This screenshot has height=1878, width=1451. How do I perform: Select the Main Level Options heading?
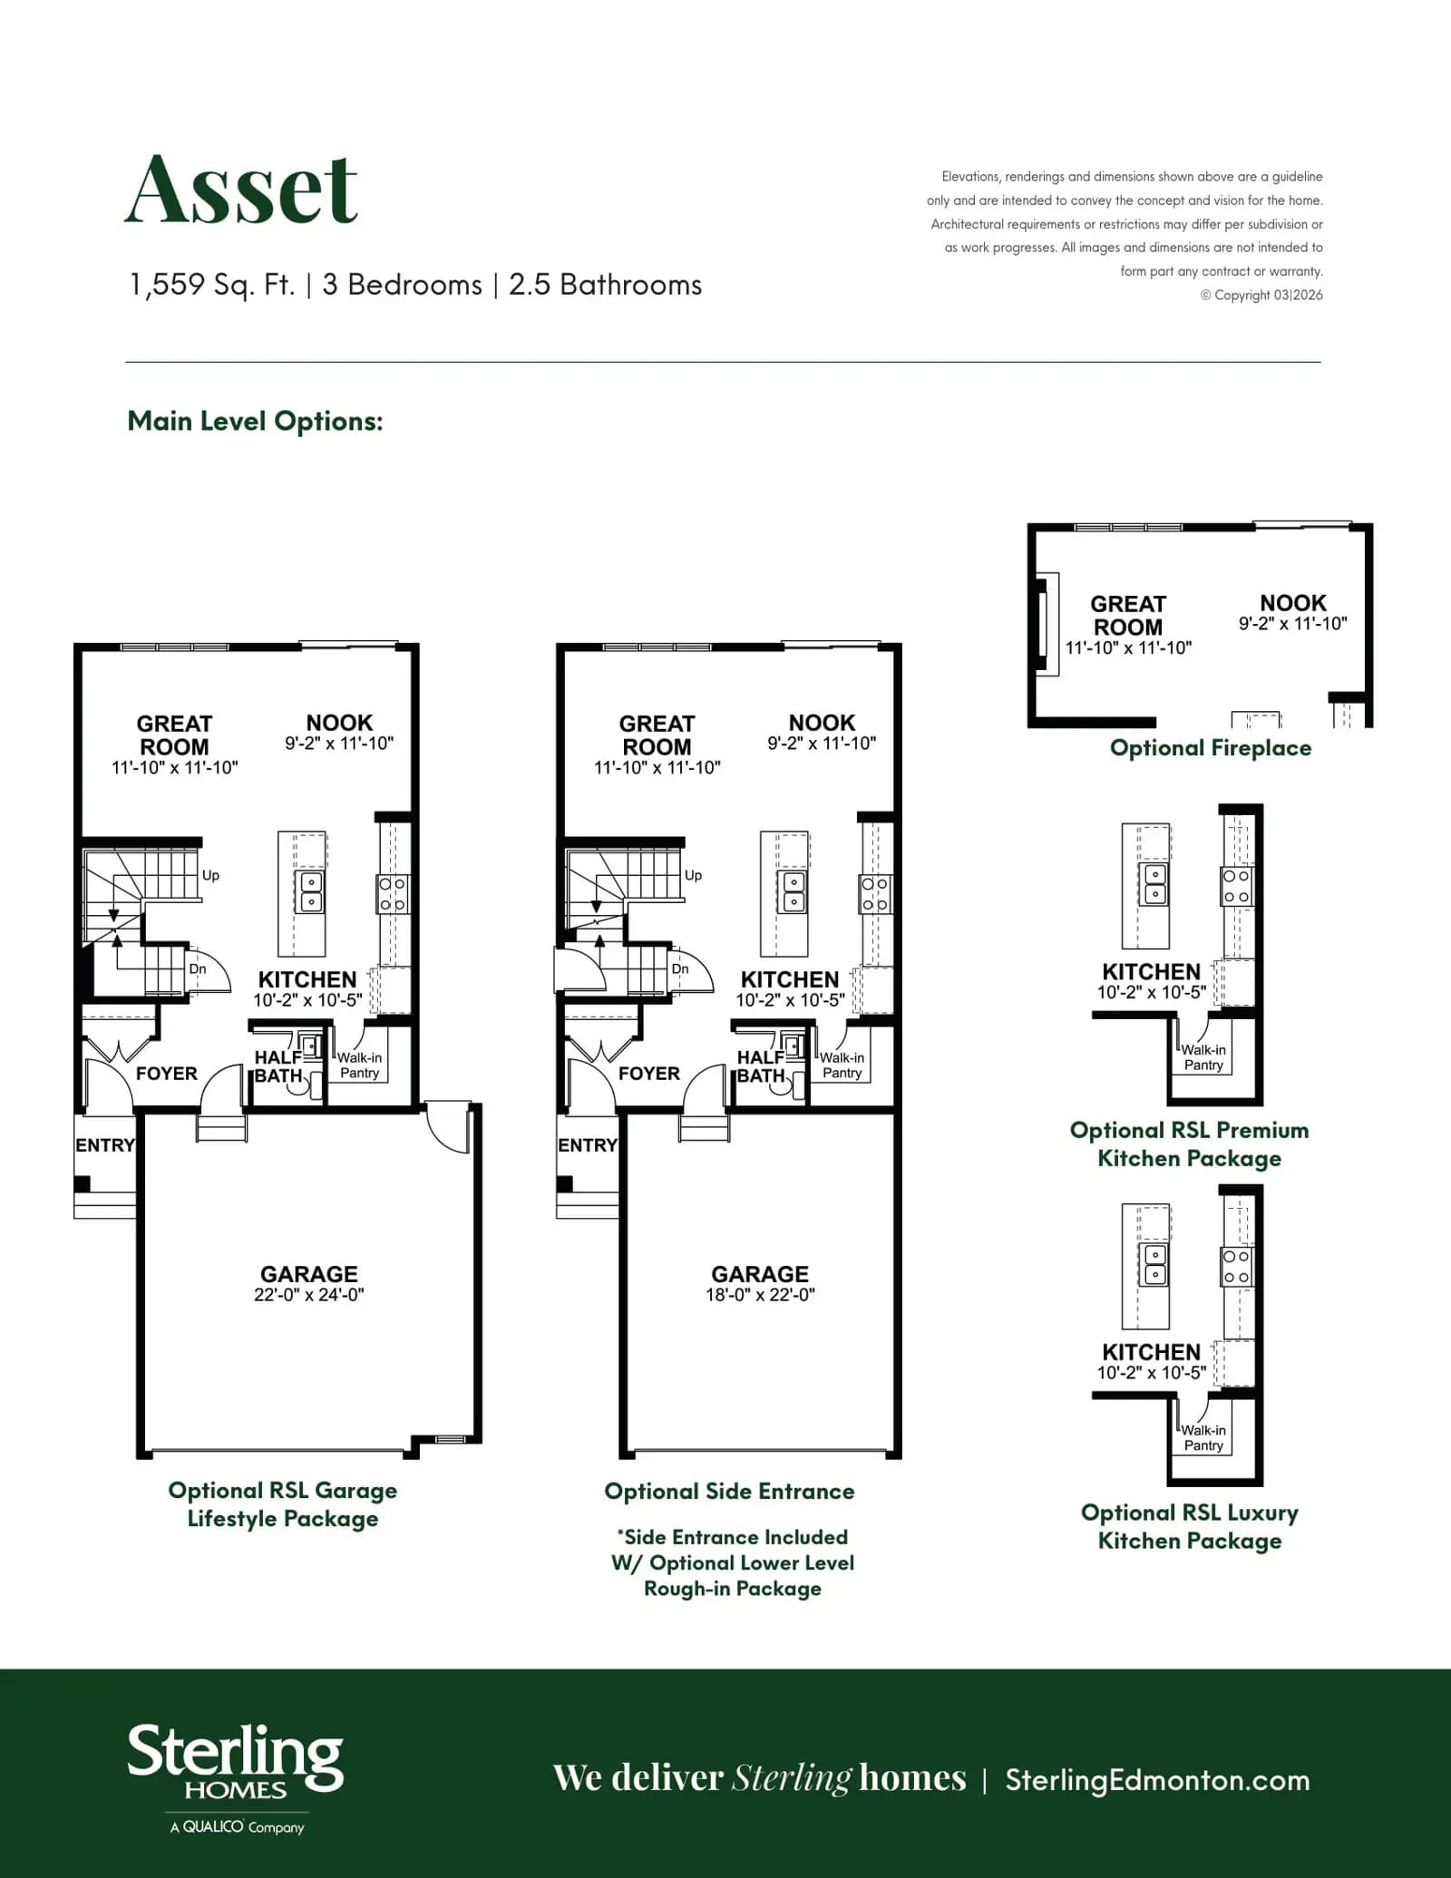coord(255,421)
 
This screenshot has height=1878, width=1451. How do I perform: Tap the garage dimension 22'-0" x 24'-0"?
coord(308,1295)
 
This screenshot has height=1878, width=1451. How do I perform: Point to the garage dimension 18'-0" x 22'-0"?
coord(760,1295)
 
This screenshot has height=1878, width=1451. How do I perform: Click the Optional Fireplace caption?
coord(1211,748)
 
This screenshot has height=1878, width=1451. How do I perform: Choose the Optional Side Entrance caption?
coord(729,1492)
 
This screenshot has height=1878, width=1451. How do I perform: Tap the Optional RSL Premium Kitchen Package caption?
coord(1190,1144)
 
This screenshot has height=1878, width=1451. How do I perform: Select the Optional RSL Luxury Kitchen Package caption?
coord(1190,1527)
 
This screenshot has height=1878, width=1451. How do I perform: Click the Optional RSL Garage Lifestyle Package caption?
coord(283,1504)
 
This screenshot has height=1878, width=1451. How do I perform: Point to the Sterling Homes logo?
coord(236,1778)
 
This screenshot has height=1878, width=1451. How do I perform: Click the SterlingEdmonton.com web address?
coord(1157,1779)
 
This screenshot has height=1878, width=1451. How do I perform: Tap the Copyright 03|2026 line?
coord(1261,295)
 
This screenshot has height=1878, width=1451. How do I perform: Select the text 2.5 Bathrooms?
coord(605,285)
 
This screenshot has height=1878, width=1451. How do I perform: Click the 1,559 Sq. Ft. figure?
coord(212,285)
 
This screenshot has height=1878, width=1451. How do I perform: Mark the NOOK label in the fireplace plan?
coord(1293,603)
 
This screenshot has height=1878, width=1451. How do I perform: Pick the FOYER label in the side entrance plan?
coord(649,1074)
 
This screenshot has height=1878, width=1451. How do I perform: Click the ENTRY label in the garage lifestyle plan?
coord(105,1145)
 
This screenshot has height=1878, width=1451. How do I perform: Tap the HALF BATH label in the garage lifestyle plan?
coord(278,1066)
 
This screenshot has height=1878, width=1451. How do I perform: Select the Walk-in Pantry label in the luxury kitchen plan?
coord(1203,1438)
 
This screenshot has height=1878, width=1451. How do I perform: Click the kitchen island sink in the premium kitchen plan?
coord(1155,884)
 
